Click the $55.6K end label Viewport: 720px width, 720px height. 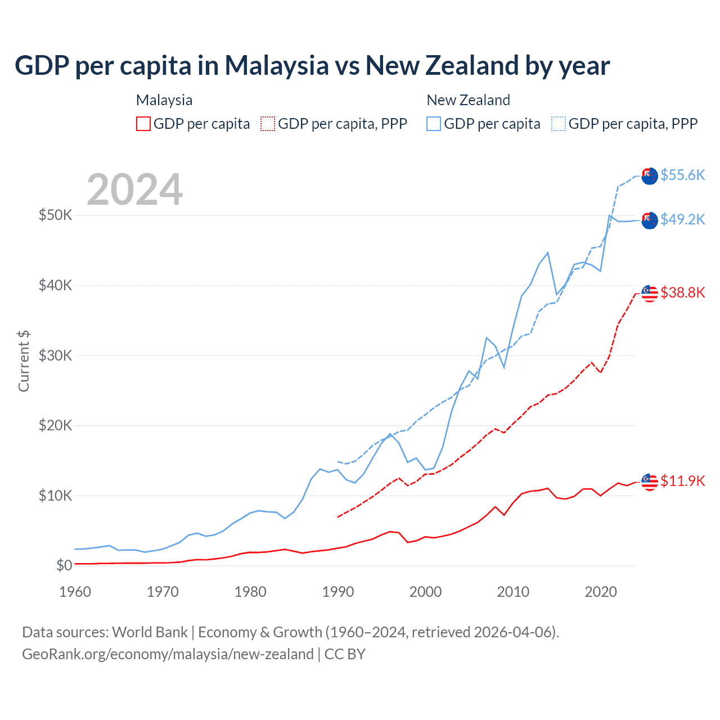point(682,175)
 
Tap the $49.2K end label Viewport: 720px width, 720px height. point(682,219)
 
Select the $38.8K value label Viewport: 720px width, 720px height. point(682,292)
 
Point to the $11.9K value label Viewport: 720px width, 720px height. point(682,481)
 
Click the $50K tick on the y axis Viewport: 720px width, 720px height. point(55,215)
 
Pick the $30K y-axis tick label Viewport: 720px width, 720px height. point(55,355)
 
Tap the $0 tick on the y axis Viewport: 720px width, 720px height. point(64,565)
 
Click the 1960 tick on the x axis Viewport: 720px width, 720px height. point(75,592)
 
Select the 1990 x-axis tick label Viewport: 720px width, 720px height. point(337,592)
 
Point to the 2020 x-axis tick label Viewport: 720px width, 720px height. point(601,592)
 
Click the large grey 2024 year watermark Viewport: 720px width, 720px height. point(134,190)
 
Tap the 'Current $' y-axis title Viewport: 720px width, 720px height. point(24,361)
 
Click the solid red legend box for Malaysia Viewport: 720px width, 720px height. point(143,124)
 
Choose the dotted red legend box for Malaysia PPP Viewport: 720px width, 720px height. point(268,124)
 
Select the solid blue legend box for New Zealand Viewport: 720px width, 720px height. point(434,124)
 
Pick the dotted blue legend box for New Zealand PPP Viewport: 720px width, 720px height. point(559,124)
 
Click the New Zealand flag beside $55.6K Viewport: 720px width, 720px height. point(650,175)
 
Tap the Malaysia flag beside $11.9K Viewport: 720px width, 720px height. point(650,482)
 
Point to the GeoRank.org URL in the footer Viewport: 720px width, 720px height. point(168,654)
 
